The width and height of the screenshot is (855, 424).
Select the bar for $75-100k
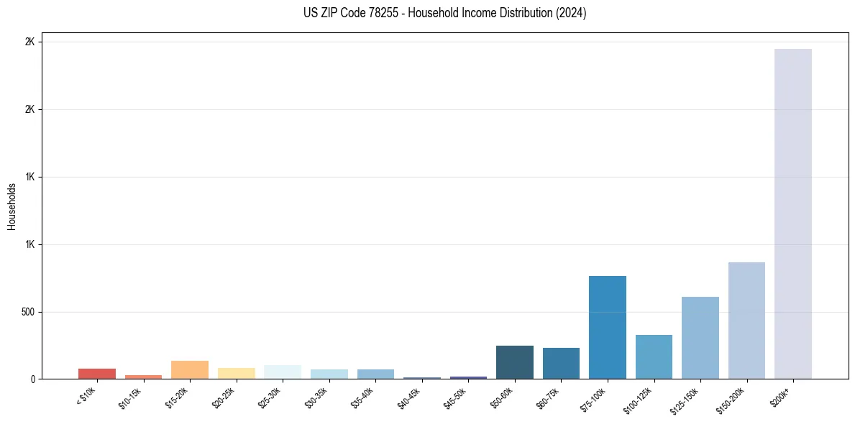point(607,327)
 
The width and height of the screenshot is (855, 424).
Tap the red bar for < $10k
point(96,374)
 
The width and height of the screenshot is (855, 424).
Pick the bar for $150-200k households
point(746,321)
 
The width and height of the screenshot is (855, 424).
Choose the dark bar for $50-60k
point(514,362)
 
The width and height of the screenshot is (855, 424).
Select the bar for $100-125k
point(654,356)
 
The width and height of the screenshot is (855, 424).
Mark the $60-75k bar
point(561,363)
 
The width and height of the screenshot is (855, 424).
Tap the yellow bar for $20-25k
point(236,373)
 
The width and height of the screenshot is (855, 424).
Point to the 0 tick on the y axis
point(32,379)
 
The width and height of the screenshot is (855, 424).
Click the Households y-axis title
point(12,206)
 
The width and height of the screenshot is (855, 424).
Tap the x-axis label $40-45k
point(410,397)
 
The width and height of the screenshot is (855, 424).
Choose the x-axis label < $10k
point(86,397)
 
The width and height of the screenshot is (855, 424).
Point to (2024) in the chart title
point(572,13)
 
